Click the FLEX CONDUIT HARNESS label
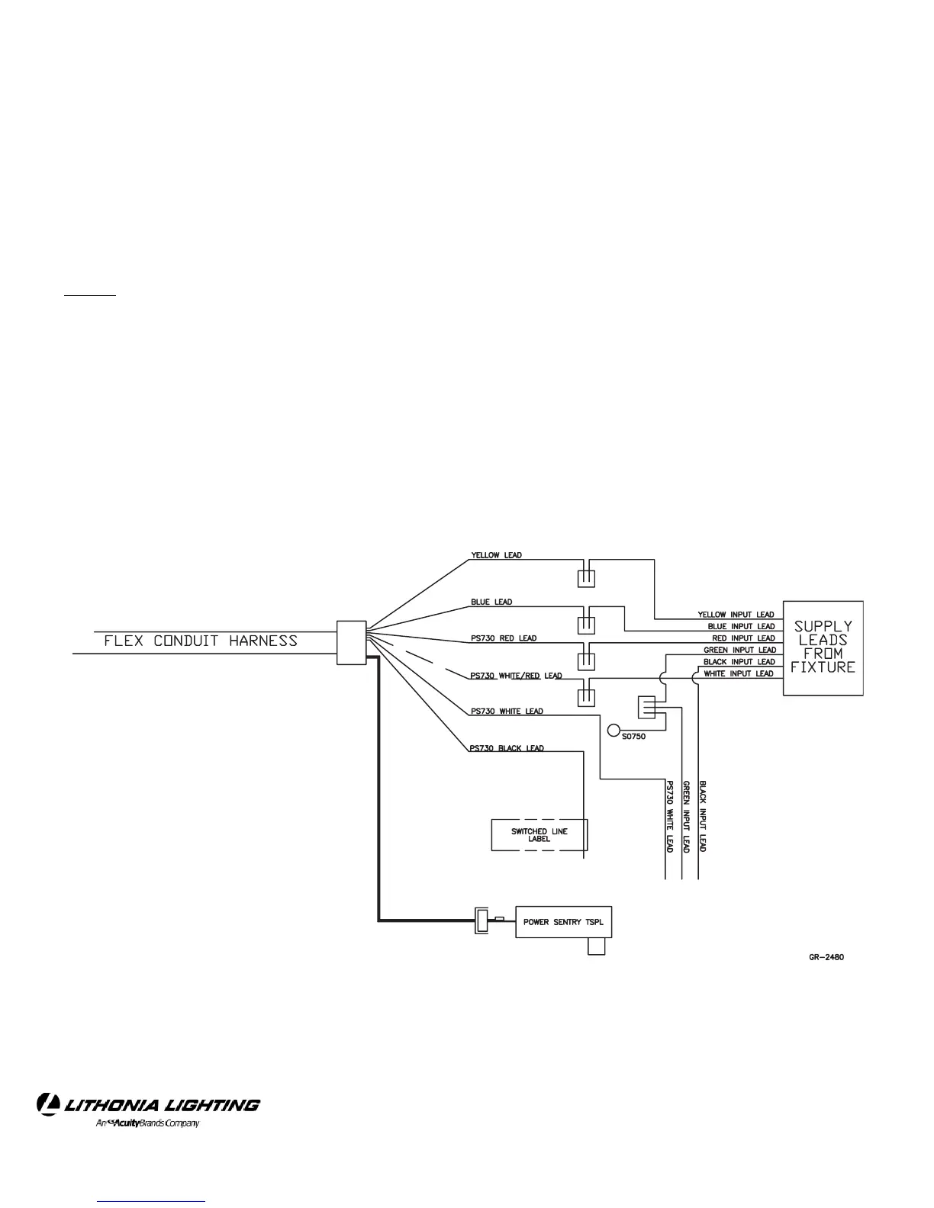201,641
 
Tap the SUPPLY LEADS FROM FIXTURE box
823,647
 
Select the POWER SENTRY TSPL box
563,922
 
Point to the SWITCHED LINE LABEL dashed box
539,835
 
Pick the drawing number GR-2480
826,958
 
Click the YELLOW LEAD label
497,555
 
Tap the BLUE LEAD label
491,602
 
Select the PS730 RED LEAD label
504,638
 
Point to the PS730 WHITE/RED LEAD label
516,676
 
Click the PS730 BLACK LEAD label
507,748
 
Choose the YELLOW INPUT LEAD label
736,615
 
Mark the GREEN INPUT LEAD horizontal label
739,651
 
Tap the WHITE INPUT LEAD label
739,674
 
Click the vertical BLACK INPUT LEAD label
703,816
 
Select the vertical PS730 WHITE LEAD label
669,816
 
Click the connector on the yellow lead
586,577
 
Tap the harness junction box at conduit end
352,642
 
